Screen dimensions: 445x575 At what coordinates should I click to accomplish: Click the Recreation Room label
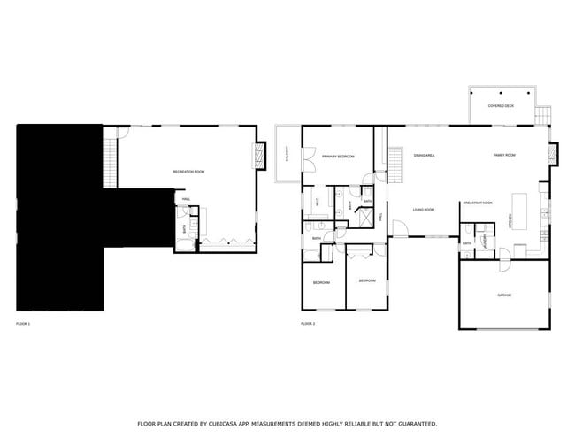(x=188, y=171)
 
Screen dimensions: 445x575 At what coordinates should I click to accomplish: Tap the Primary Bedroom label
(x=338, y=157)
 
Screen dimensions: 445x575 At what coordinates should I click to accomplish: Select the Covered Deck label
(x=502, y=106)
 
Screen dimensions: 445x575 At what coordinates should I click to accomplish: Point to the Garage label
(x=504, y=295)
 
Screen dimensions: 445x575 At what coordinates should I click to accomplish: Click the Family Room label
(x=504, y=156)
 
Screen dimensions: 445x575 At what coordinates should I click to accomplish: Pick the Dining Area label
(x=424, y=156)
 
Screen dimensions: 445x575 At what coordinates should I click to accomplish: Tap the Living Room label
(x=424, y=210)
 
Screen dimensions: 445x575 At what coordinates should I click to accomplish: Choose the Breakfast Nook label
(x=477, y=203)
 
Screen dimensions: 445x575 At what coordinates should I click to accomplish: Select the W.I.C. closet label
(x=317, y=202)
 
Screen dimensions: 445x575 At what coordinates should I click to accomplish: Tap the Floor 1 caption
(x=23, y=325)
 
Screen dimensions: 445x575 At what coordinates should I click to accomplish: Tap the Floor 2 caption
(x=308, y=325)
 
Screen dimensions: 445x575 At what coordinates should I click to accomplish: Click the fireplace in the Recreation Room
(x=260, y=157)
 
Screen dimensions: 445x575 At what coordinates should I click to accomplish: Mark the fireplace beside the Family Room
(x=554, y=154)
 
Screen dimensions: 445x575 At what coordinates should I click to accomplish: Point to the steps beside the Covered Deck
(x=542, y=116)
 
